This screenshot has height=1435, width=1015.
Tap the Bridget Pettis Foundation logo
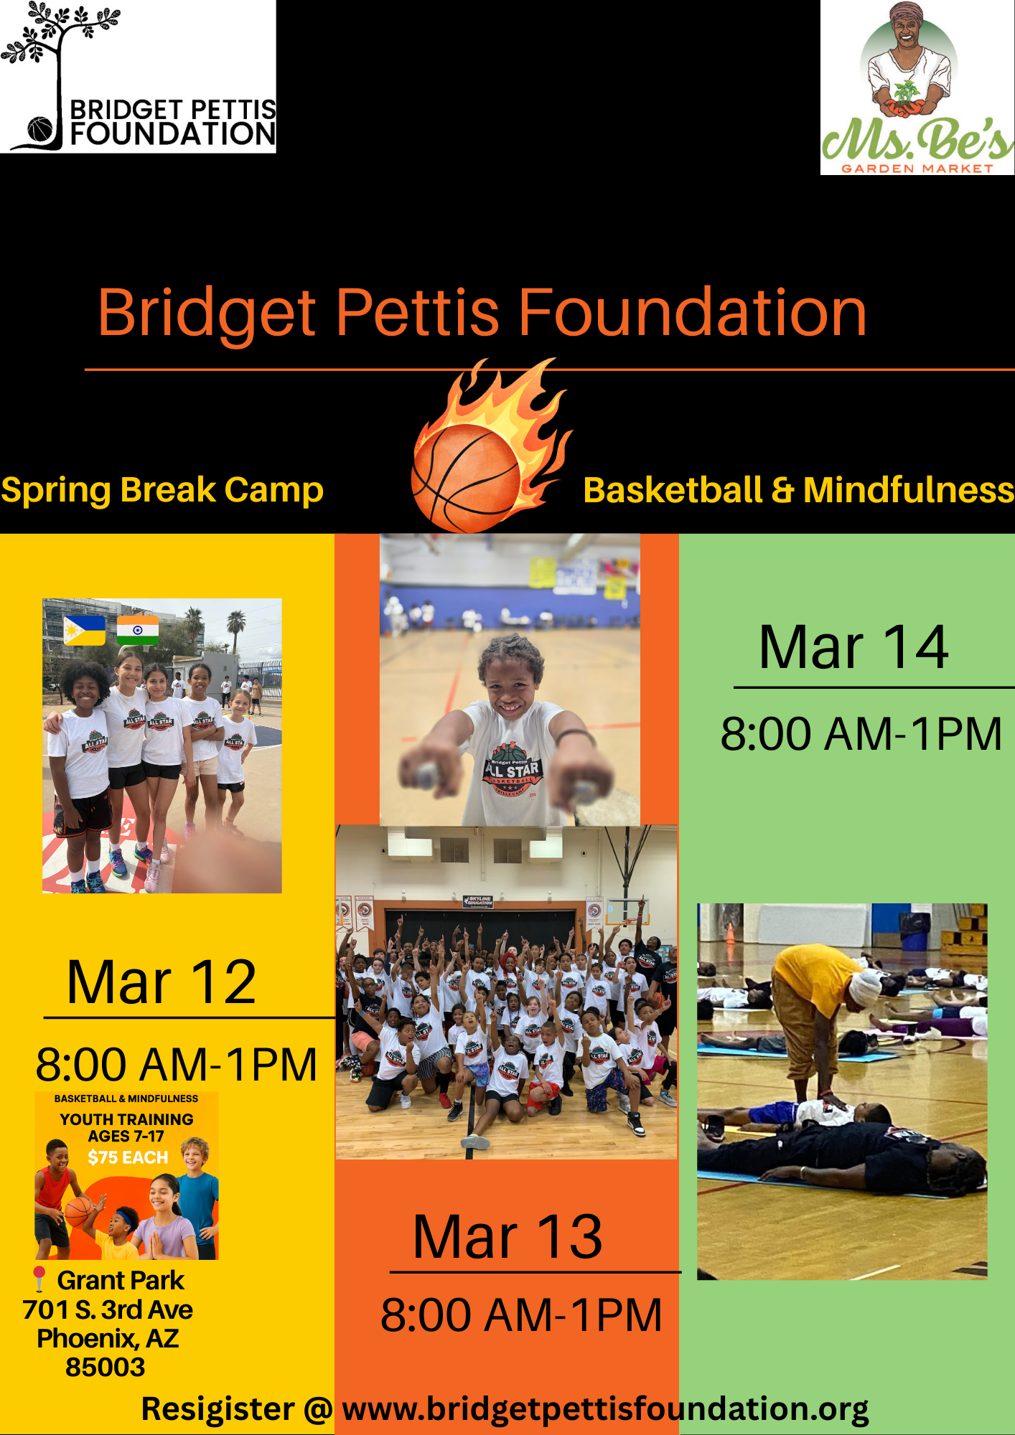[138, 77]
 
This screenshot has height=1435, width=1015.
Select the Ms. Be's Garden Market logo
[917, 88]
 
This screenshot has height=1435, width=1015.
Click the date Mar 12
[162, 982]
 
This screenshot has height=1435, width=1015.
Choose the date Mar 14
[853, 647]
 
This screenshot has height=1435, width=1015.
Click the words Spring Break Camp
[162, 490]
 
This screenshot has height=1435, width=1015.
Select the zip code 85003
[106, 1368]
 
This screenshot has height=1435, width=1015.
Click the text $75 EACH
[128, 1157]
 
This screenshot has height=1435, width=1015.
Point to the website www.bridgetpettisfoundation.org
[605, 1409]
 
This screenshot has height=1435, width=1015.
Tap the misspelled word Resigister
[217, 1409]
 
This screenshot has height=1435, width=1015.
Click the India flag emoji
[138, 630]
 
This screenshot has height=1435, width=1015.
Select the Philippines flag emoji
[84, 630]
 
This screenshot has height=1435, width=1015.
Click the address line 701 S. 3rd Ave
[108, 1310]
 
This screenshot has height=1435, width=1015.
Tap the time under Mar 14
[861, 734]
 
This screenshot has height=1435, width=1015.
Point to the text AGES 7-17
[126, 1137]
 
